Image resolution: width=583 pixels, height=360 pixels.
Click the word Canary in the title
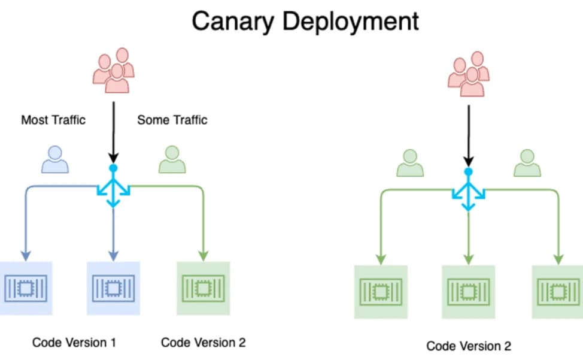[x=233, y=22]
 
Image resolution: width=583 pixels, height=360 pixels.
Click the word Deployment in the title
[x=351, y=22]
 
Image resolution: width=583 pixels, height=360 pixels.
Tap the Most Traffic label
[x=53, y=120]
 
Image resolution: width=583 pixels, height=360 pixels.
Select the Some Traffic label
[x=172, y=120]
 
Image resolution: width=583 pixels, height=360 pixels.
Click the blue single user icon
[x=55, y=159]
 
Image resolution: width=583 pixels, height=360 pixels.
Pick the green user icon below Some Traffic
[x=172, y=159]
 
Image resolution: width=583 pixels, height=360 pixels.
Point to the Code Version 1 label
[x=74, y=343]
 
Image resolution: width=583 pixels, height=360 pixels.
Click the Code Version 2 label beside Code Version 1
[x=203, y=343]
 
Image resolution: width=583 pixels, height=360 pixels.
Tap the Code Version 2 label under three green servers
[x=469, y=346]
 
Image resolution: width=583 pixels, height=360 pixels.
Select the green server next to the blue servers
[x=203, y=288]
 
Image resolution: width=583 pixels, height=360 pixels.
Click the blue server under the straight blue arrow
[x=113, y=288]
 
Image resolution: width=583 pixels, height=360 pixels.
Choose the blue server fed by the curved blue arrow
[x=26, y=288]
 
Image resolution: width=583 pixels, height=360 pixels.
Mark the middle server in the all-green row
[x=469, y=292]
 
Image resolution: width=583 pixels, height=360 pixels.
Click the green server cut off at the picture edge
[x=557, y=292]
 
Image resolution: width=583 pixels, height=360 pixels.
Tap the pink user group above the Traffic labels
[x=113, y=70]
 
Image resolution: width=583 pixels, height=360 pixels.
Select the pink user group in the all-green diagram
[x=469, y=74]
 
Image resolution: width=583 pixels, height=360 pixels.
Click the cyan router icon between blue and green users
[x=113, y=186]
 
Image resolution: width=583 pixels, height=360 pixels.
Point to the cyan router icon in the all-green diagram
[x=469, y=189]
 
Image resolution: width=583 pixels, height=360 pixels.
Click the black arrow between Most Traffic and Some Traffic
[x=113, y=132]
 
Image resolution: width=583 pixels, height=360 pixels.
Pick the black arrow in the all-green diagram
[x=469, y=136]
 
